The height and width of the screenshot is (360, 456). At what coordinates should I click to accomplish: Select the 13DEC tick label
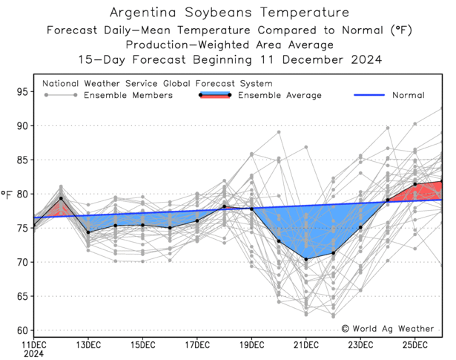point(88,345)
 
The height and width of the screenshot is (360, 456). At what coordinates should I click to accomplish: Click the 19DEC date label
point(251,345)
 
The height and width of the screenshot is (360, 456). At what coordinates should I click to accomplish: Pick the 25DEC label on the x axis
point(415,345)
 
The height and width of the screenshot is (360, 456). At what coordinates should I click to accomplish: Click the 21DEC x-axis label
point(306,345)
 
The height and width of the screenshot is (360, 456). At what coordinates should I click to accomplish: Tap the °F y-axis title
point(7,194)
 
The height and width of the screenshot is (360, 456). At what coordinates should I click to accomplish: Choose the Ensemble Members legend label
point(128,95)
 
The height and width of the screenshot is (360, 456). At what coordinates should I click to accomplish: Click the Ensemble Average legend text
point(280,95)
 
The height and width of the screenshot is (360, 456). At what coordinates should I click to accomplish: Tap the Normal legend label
point(409,95)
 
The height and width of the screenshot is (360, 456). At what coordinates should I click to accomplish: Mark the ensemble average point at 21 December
point(306,259)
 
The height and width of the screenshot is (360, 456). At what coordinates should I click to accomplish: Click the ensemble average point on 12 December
point(61,198)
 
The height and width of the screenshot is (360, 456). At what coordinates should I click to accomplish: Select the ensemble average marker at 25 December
point(415,184)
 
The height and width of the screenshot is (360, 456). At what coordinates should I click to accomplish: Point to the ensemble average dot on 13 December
point(88,232)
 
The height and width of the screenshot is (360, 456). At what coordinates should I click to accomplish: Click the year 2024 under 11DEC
point(33,354)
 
